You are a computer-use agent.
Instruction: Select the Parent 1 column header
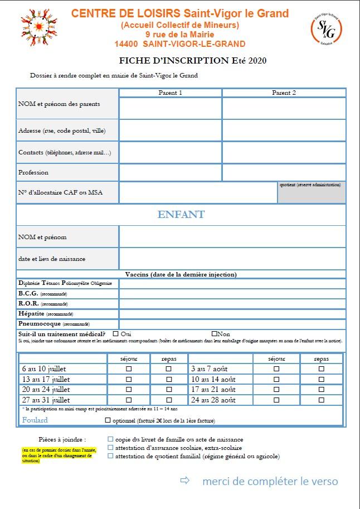171,93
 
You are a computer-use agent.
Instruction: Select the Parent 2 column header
284,93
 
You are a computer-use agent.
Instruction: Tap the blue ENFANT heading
181,215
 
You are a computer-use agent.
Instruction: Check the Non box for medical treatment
214,333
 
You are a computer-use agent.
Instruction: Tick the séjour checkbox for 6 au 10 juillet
129,369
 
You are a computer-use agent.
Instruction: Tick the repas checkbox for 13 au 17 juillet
169,379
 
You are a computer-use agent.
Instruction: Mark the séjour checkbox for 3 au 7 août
276,369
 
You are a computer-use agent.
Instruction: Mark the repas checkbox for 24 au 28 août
321,400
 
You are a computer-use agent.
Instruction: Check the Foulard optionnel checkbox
108,420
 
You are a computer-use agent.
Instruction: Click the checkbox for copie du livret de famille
110,439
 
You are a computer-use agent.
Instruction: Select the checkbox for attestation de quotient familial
110,456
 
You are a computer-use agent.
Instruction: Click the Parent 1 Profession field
171,172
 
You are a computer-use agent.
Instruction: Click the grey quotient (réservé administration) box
312,192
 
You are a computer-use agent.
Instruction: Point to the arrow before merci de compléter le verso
184,481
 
